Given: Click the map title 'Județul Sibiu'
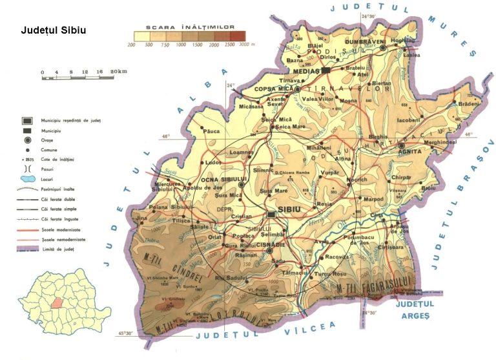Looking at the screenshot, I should tap(54, 30).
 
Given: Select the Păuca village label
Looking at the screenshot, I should tap(212, 131).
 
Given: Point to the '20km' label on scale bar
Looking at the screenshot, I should tap(118, 71).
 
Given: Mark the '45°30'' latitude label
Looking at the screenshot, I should tap(128, 334).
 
